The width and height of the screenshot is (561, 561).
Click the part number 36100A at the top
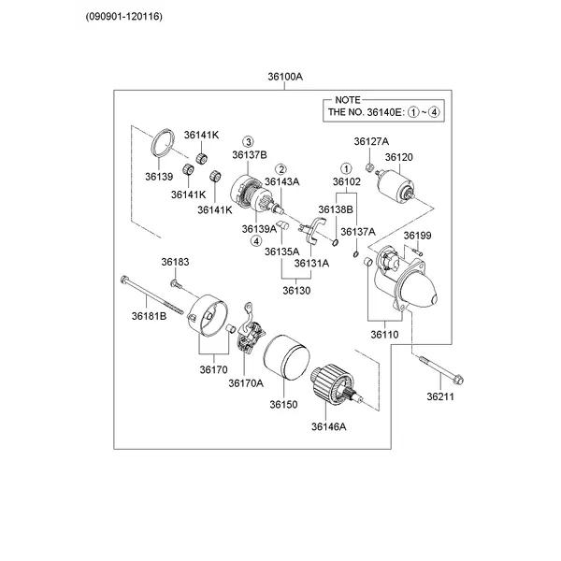(x=284, y=78)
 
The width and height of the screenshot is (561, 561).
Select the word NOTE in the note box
(x=347, y=99)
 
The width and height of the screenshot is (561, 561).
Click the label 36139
(x=159, y=176)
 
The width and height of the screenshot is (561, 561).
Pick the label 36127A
(x=371, y=141)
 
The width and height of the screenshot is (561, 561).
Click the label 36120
(x=398, y=157)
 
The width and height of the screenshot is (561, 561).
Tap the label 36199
(x=417, y=235)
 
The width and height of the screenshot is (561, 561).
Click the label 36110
(x=383, y=334)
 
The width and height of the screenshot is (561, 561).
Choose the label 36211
(x=439, y=397)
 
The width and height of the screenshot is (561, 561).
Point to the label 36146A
(x=329, y=426)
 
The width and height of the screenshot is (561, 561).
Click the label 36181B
(x=149, y=316)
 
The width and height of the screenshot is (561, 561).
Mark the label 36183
(x=174, y=262)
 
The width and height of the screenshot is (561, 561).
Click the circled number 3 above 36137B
(x=249, y=140)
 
